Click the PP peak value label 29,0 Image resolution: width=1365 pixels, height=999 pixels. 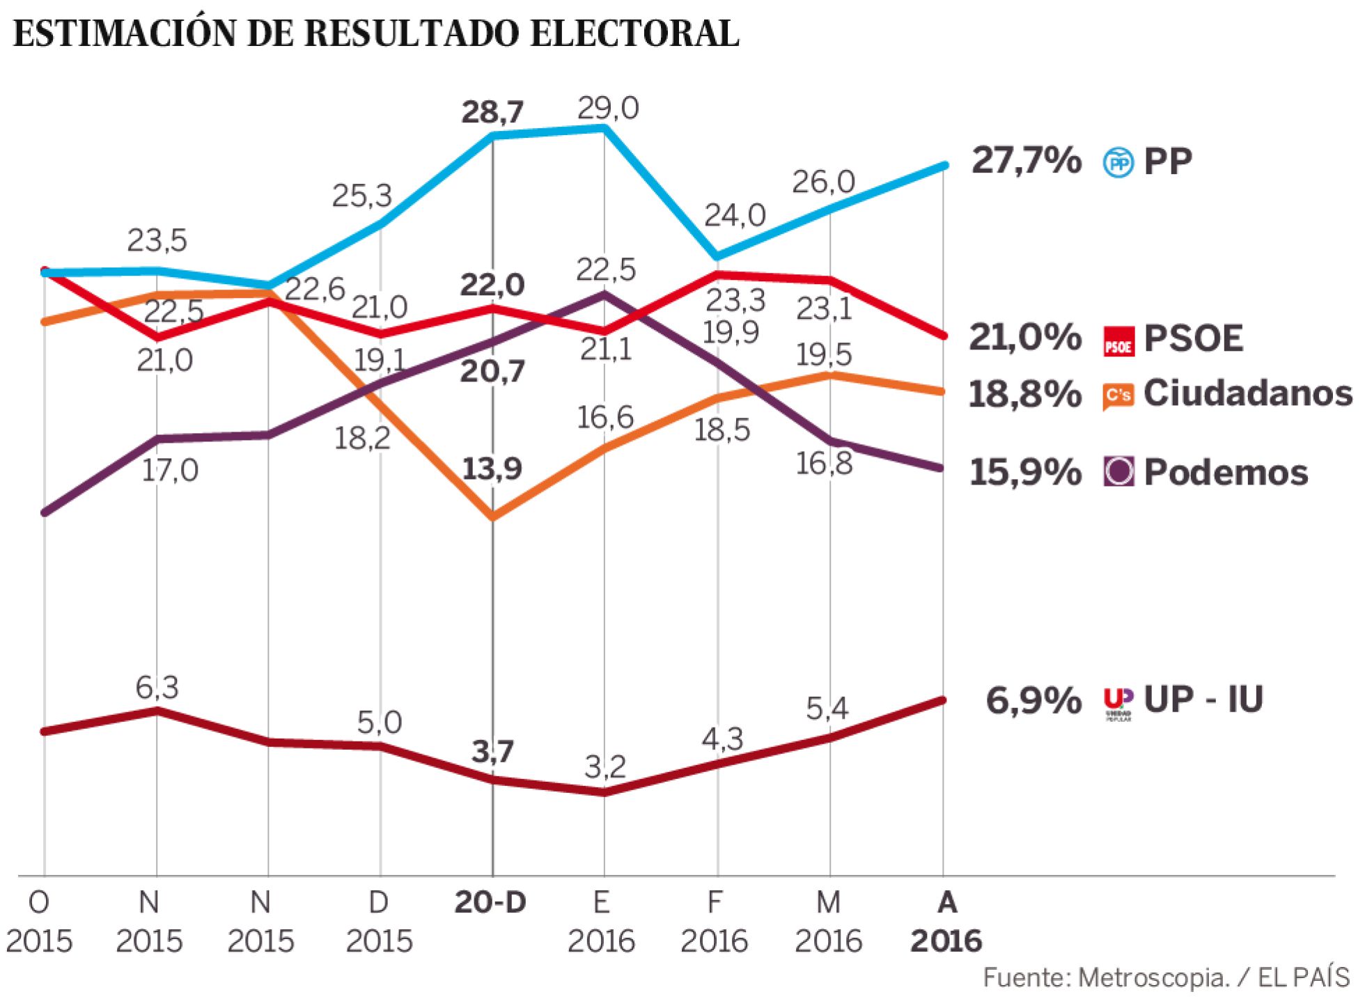point(607,109)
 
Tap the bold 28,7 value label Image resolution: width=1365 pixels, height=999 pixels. point(492,112)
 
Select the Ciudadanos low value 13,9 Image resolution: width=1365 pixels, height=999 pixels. point(492,469)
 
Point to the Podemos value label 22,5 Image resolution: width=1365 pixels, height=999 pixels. point(606,269)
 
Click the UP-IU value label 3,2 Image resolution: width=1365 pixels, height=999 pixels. point(605,767)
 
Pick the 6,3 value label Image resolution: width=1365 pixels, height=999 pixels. point(157,688)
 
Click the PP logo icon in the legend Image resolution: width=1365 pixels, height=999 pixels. point(1118,162)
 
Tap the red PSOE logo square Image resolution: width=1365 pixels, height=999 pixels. point(1118,340)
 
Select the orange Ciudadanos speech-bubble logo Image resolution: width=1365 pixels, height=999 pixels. point(1118,395)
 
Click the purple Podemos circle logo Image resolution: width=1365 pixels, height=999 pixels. point(1118,472)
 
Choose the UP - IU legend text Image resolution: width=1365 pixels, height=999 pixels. point(1203,699)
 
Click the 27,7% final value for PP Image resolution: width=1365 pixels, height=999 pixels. point(1026,161)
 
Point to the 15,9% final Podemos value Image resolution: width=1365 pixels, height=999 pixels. point(1025,473)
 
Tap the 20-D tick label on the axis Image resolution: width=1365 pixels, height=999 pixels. point(490,902)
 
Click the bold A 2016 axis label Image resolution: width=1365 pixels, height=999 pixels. point(946,922)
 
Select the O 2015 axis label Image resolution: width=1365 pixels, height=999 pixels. point(39,922)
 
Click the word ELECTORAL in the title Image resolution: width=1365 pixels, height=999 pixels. point(634,33)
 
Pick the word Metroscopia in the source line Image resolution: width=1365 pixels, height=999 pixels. point(1153,978)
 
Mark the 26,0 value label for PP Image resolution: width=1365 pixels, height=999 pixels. point(823,182)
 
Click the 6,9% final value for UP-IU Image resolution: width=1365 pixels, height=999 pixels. point(1033,700)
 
